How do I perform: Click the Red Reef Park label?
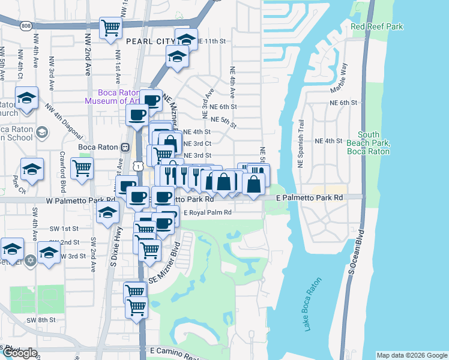point(376,26)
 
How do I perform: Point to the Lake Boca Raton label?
point(312,304)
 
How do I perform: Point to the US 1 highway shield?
point(139,164)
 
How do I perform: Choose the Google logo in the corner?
point(19,353)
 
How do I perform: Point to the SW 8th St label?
point(41,320)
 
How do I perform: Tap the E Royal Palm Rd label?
point(208,212)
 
